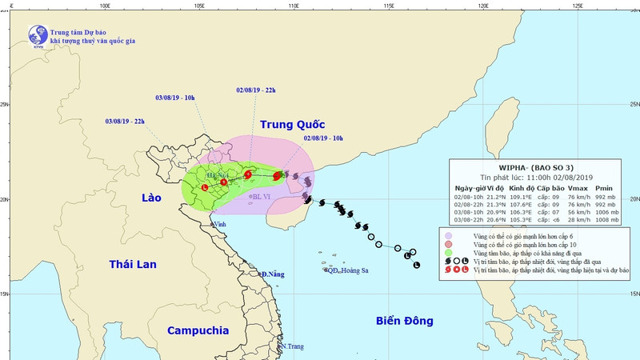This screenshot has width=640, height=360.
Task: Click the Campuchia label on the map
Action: tap(198, 330)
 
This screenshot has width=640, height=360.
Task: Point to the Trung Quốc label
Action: tap(293, 125)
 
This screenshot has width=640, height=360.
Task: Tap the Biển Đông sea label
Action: tap(404, 321)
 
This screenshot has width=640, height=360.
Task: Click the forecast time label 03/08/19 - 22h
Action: tap(125, 121)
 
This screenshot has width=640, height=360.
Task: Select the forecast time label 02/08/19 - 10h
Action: tap(323, 138)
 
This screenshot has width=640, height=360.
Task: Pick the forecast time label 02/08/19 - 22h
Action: tap(256, 90)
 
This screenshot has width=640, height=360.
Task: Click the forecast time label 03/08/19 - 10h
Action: tap(174, 98)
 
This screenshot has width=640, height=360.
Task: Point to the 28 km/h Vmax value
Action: tap(578, 219)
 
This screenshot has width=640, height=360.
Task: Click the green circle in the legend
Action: tap(448, 252)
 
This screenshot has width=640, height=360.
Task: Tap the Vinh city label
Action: tap(218, 225)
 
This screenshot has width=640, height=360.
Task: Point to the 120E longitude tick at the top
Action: tap(482, 5)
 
